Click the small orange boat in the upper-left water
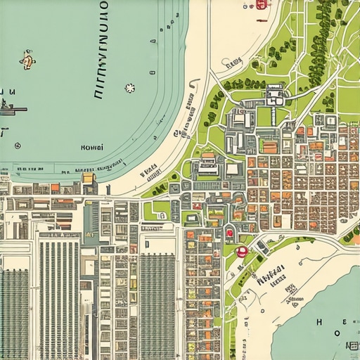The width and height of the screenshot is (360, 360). pos(28,60)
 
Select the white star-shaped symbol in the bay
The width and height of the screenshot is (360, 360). pos(129,88)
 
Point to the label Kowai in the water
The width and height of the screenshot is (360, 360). pos(92,148)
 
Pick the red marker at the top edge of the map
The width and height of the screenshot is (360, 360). pos(262,4)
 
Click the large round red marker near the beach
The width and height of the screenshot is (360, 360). pos(242,251)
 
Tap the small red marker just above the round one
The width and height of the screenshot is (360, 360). pos(229,233)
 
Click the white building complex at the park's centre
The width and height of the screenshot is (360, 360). pos(275,95)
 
